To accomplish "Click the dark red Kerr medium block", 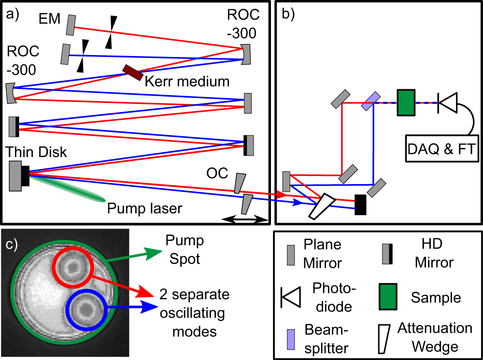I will pyautogui.click(x=132, y=72).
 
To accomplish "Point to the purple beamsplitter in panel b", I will pyautogui.click(x=370, y=100).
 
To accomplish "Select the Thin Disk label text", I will pyautogui.click(x=36, y=152).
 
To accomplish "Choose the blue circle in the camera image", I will pyautogui.click(x=87, y=308).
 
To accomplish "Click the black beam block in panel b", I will pyautogui.click(x=360, y=204).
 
